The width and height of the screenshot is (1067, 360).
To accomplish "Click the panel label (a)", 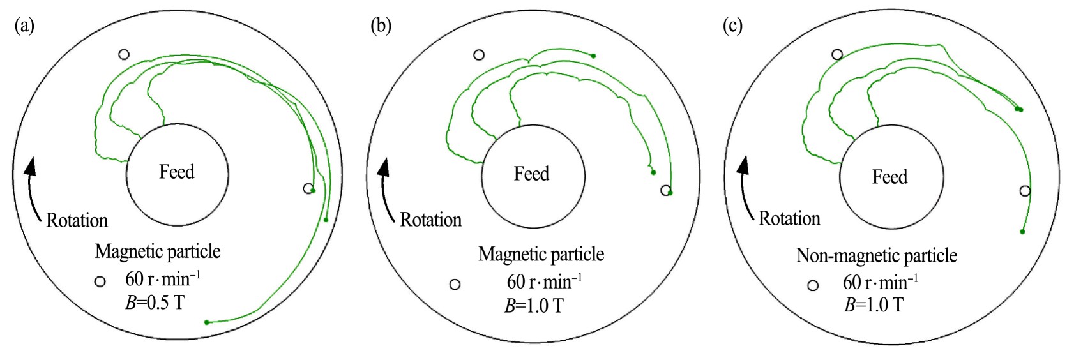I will click(x=24, y=26).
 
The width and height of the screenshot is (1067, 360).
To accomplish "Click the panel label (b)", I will click(x=381, y=26).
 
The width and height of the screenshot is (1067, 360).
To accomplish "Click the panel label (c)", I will click(x=732, y=26).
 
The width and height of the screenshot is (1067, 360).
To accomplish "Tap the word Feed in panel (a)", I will click(x=177, y=172).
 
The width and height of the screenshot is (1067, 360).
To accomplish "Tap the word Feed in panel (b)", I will click(x=531, y=174).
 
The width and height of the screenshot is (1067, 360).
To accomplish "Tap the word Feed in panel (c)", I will click(x=889, y=177).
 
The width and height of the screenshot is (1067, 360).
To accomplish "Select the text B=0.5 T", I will click(x=155, y=302).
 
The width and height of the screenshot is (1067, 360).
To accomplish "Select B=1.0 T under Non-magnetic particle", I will click(x=874, y=304).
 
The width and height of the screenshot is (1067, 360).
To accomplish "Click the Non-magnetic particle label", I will click(x=876, y=256).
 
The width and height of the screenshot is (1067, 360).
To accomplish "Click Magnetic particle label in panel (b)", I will click(x=541, y=254).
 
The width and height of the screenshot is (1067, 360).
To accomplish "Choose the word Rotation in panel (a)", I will click(x=77, y=221).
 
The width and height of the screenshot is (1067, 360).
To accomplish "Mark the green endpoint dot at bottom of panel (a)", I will click(x=206, y=322).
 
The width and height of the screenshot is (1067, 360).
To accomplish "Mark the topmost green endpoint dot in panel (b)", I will click(x=593, y=56).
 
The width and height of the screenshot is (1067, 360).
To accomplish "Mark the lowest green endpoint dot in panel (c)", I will click(x=1022, y=231).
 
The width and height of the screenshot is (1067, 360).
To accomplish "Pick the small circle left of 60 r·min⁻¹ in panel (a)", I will click(x=100, y=281).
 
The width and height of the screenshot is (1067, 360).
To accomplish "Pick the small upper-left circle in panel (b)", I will click(x=479, y=56).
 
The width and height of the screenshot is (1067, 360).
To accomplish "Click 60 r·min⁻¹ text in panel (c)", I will click(x=880, y=281).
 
